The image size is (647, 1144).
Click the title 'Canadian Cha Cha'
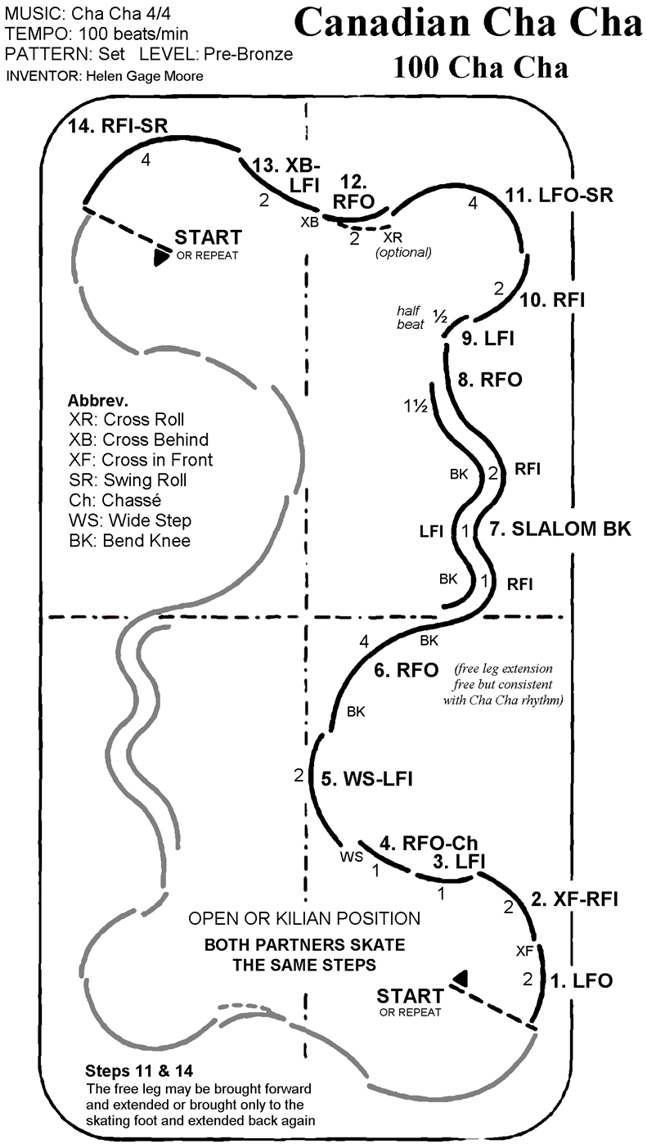point(468,25)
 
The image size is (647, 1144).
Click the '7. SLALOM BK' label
point(560,529)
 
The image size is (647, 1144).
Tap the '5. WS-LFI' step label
point(366,779)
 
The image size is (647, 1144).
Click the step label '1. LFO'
point(582,980)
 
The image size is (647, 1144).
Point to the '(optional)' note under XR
point(402,252)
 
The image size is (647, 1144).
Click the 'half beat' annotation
point(409,318)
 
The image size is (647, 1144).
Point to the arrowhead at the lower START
point(461,977)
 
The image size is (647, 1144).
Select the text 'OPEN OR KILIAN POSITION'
point(304,919)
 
